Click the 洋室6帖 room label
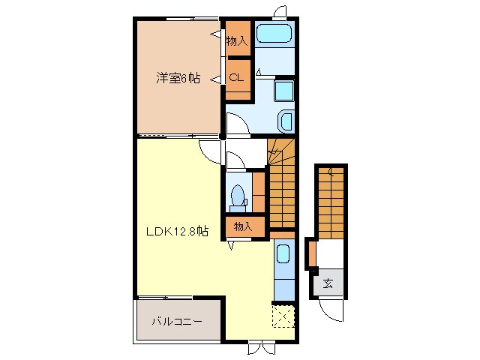coord(178,77)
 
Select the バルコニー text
coord(177,322)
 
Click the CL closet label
coord(235,77)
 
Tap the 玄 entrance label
coord(328,283)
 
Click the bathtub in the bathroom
coord(274,34)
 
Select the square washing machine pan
coord(283,91)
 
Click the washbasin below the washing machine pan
coord(286,121)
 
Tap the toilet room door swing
coord(233,159)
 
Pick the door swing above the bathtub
coord(279,10)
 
